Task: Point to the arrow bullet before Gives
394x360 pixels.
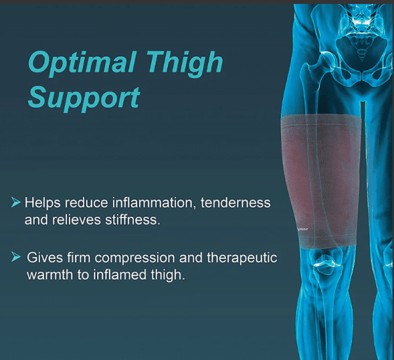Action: pyautogui.click(x=16, y=256)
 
